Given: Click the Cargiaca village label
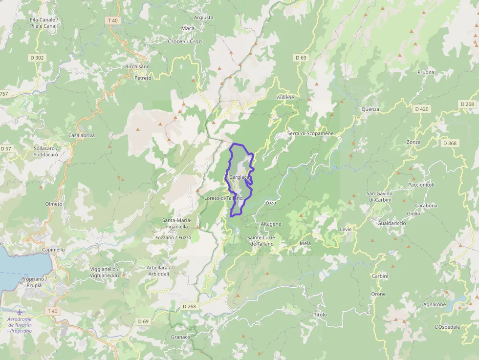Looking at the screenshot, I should point(239,177).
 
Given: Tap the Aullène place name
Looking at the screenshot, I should point(285,97).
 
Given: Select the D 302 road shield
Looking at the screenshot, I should point(37,58).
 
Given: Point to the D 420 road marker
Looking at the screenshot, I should point(421,109).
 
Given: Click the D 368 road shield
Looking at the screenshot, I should point(449,143).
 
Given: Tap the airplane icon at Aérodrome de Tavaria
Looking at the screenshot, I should point(20,312).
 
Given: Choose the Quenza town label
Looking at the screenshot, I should point(370,109).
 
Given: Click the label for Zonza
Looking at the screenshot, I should point(413,142).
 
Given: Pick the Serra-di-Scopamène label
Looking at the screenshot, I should point(310,133).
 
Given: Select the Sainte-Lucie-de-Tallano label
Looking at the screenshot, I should point(262,240).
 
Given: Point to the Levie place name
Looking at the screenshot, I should point(346,229).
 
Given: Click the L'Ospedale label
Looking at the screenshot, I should point(447,327).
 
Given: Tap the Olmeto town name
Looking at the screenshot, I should point(54,204).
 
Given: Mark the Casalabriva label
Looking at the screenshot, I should point(81,135).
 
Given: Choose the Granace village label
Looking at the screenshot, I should point(180,337).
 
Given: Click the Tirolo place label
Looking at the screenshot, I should point(320,315).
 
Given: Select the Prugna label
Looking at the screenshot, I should point(426,73).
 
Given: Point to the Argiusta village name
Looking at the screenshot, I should point(203,18).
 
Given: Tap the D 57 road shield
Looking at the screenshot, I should point(5,148).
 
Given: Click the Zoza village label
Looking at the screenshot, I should point(270,202).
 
